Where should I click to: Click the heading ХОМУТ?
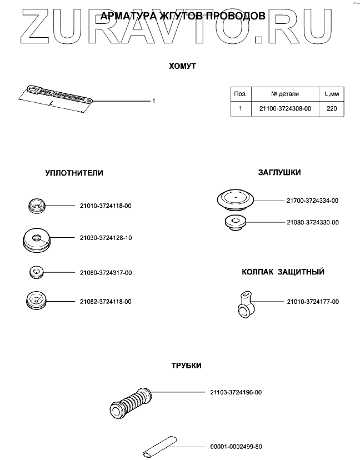(182, 66)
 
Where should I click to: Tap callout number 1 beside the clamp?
(153, 101)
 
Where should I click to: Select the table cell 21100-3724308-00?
(286, 109)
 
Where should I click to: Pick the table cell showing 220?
(332, 109)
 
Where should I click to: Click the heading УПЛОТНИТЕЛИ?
(74, 173)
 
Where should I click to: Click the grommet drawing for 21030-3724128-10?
(37, 239)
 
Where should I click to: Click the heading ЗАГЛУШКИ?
(279, 173)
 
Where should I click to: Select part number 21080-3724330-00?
(313, 222)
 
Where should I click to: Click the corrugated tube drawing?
(131, 401)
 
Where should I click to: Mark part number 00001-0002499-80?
(236, 447)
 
